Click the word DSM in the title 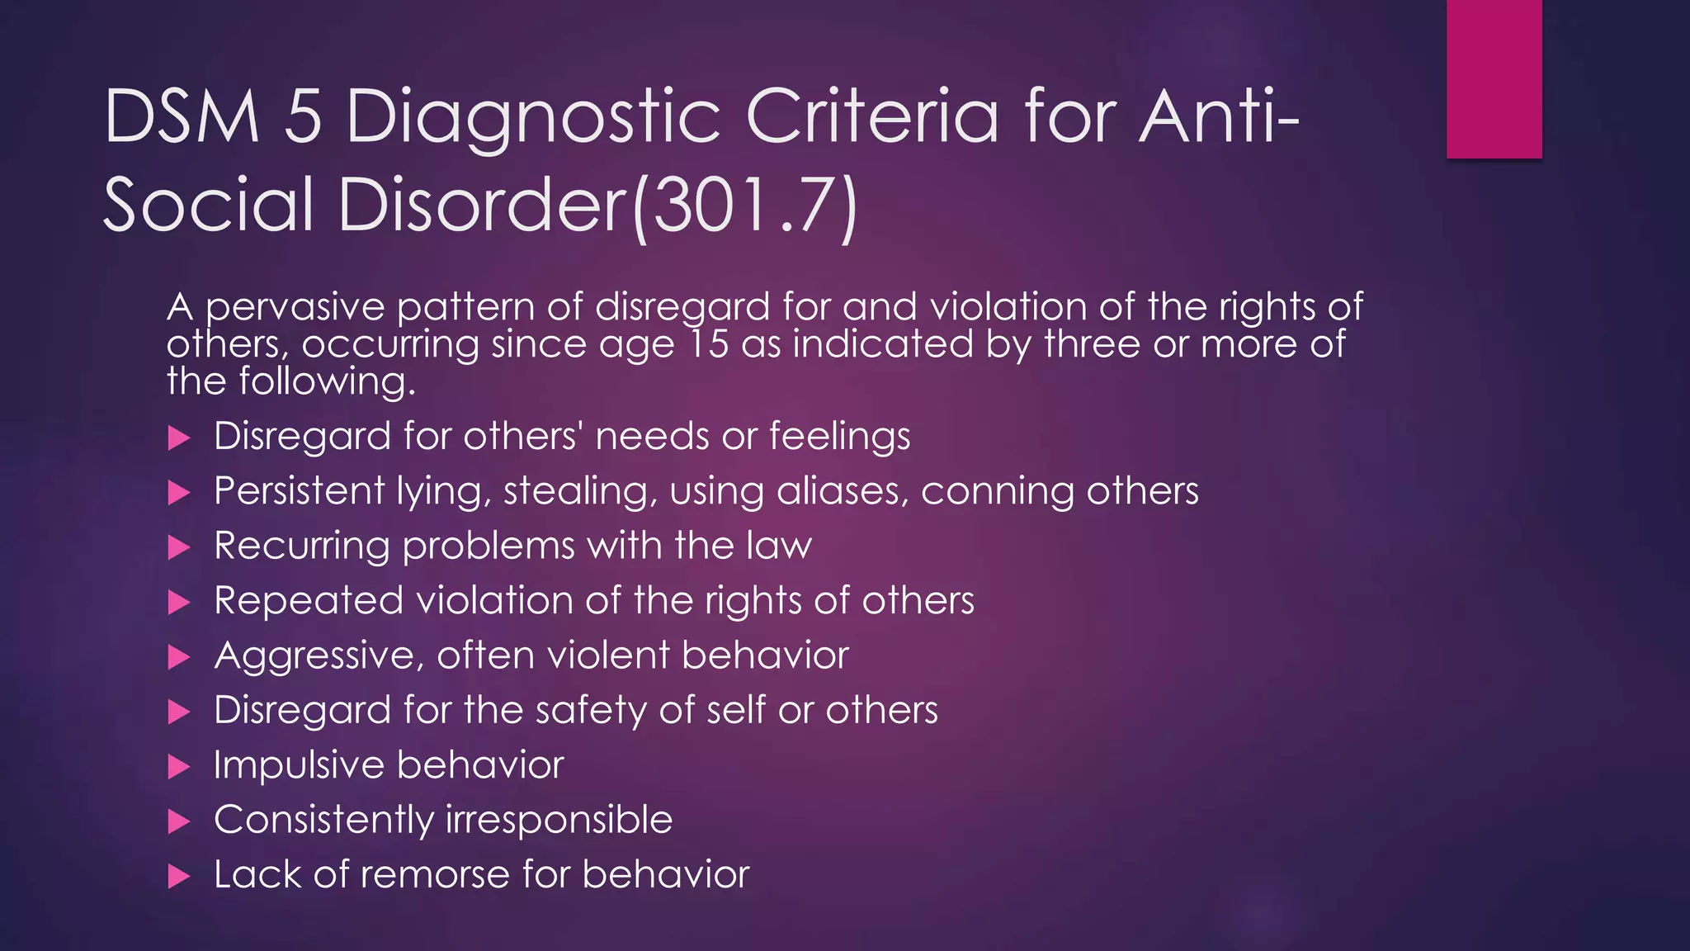pos(182,117)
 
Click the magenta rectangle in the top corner pos(1494,78)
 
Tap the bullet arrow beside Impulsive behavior pos(179,767)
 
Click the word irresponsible pos(559,820)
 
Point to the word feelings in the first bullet pos(839,437)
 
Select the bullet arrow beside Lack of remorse pos(179,876)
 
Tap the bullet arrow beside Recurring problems pos(179,547)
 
